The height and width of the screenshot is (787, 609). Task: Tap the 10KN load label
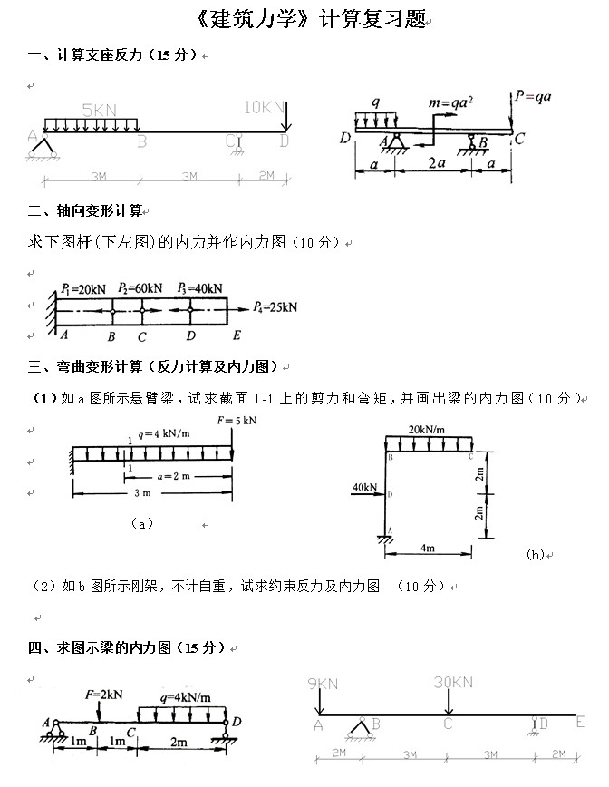(x=263, y=107)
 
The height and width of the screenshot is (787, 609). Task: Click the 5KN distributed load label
(x=99, y=109)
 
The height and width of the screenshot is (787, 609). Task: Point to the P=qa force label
(x=535, y=94)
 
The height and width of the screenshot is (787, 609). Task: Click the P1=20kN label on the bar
(x=84, y=288)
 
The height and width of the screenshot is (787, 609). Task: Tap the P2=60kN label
(x=140, y=288)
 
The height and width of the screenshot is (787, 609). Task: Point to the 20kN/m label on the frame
(x=427, y=429)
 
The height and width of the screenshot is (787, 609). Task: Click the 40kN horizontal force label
(x=363, y=487)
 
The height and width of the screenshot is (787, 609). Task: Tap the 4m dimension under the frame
(x=428, y=549)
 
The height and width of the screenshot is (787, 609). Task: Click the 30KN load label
(x=453, y=682)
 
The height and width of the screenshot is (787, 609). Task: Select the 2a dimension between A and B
(x=437, y=164)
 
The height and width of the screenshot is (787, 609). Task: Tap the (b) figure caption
(x=535, y=554)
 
